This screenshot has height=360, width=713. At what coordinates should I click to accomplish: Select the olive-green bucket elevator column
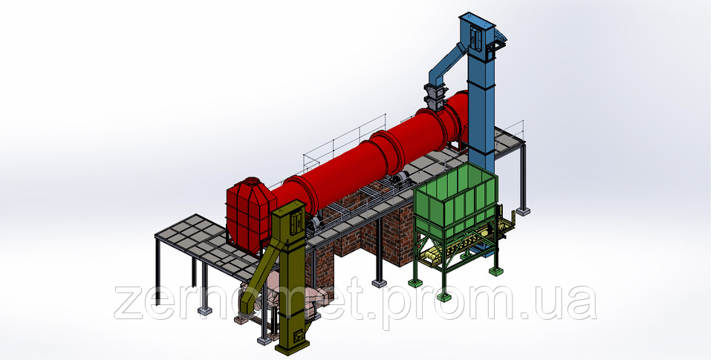pos(291,278)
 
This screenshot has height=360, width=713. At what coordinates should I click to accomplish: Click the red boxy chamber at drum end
pos(250,213)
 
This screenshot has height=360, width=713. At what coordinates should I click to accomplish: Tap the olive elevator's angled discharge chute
pos(258,278)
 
